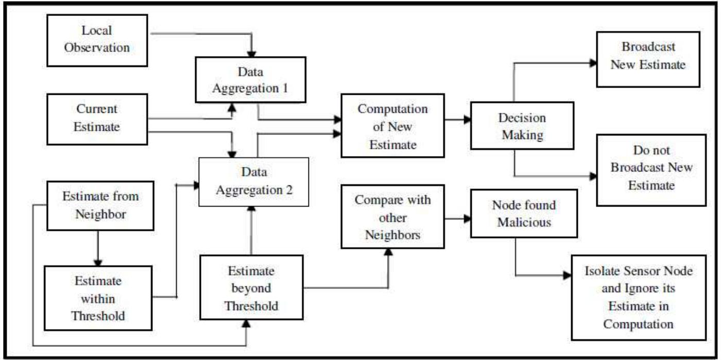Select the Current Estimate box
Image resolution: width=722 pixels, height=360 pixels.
(97, 118)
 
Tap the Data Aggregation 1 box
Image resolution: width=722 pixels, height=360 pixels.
(251, 80)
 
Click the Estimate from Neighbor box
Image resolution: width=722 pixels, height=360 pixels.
(100, 205)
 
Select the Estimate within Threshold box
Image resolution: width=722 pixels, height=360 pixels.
(98, 298)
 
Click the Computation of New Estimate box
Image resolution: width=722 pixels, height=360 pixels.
(392, 126)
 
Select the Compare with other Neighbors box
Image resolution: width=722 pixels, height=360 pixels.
(392, 217)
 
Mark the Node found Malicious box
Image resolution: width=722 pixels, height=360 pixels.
(524, 214)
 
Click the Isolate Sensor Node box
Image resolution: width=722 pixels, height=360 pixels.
(638, 297)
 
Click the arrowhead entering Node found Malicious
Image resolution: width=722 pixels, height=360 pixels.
(468, 218)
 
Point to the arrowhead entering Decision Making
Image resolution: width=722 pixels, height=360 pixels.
(468, 119)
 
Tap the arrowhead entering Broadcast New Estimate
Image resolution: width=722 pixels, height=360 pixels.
(593, 63)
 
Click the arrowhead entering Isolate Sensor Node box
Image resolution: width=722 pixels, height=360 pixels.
(568, 275)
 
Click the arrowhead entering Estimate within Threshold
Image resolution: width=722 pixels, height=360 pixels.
(96, 262)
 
